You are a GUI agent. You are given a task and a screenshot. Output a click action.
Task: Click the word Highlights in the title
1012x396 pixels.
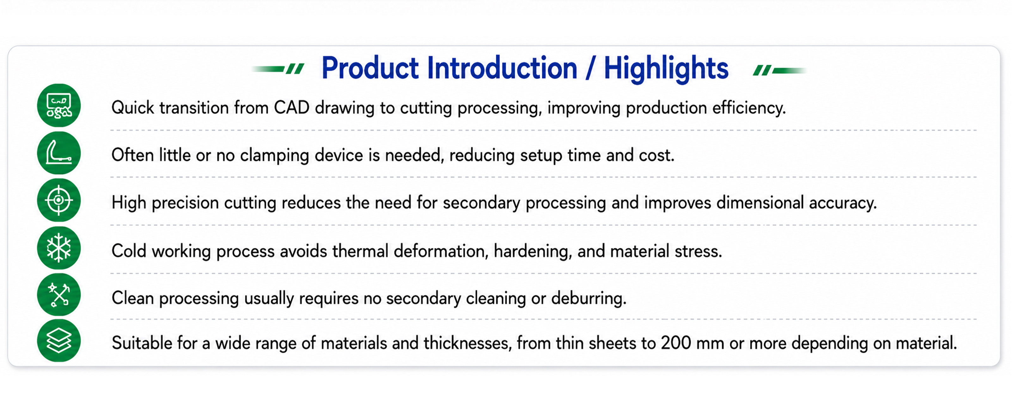pos(666,68)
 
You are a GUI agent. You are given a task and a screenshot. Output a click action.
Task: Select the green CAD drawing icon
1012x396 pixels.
pos(59,105)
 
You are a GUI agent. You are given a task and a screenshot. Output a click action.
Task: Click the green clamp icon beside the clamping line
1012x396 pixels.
pos(59,153)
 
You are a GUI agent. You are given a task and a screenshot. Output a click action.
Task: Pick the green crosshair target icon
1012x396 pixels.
pos(59,200)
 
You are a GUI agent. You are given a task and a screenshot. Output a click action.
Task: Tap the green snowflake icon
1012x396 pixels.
pos(59,248)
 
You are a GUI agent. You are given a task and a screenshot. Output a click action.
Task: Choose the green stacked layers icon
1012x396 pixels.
pos(59,341)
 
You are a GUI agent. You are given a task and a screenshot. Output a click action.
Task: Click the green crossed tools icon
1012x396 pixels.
pos(59,295)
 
